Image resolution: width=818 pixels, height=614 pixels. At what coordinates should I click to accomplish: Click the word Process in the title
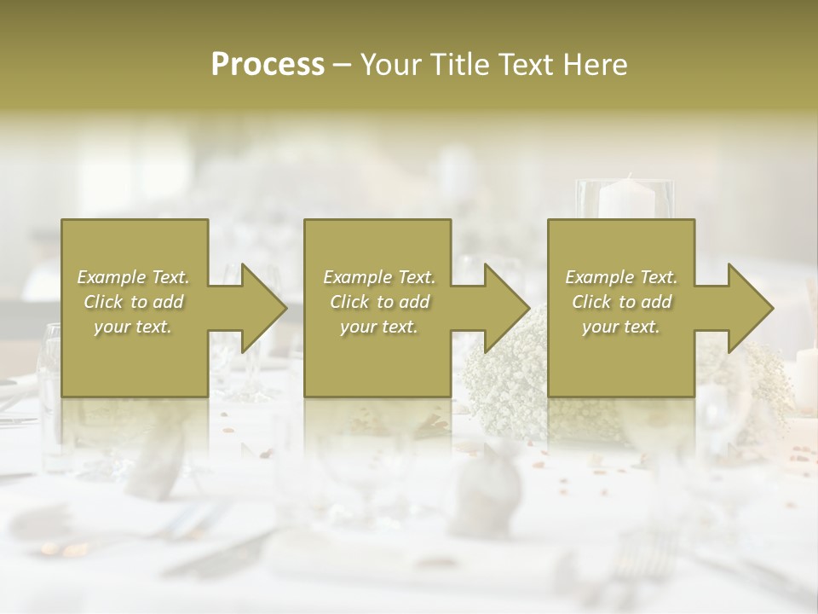268,64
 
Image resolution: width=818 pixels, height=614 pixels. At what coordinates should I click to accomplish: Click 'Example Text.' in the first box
134,277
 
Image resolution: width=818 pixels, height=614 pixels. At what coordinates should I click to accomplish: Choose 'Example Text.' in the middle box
379,277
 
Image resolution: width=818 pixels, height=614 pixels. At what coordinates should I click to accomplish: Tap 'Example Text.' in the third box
621,277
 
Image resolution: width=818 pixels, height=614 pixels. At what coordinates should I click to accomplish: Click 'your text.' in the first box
134,327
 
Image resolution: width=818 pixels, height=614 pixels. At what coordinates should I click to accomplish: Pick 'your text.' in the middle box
379,327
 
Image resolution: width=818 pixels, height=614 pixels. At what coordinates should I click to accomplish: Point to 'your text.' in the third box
621,327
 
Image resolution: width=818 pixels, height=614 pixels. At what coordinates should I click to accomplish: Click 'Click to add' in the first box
134,302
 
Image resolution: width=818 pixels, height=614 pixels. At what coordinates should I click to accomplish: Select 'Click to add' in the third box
621,302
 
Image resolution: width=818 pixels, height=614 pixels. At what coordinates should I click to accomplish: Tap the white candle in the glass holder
625,198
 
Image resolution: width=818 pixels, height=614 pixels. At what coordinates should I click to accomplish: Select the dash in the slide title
342,64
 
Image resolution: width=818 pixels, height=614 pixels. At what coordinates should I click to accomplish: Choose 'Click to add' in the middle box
379,302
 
